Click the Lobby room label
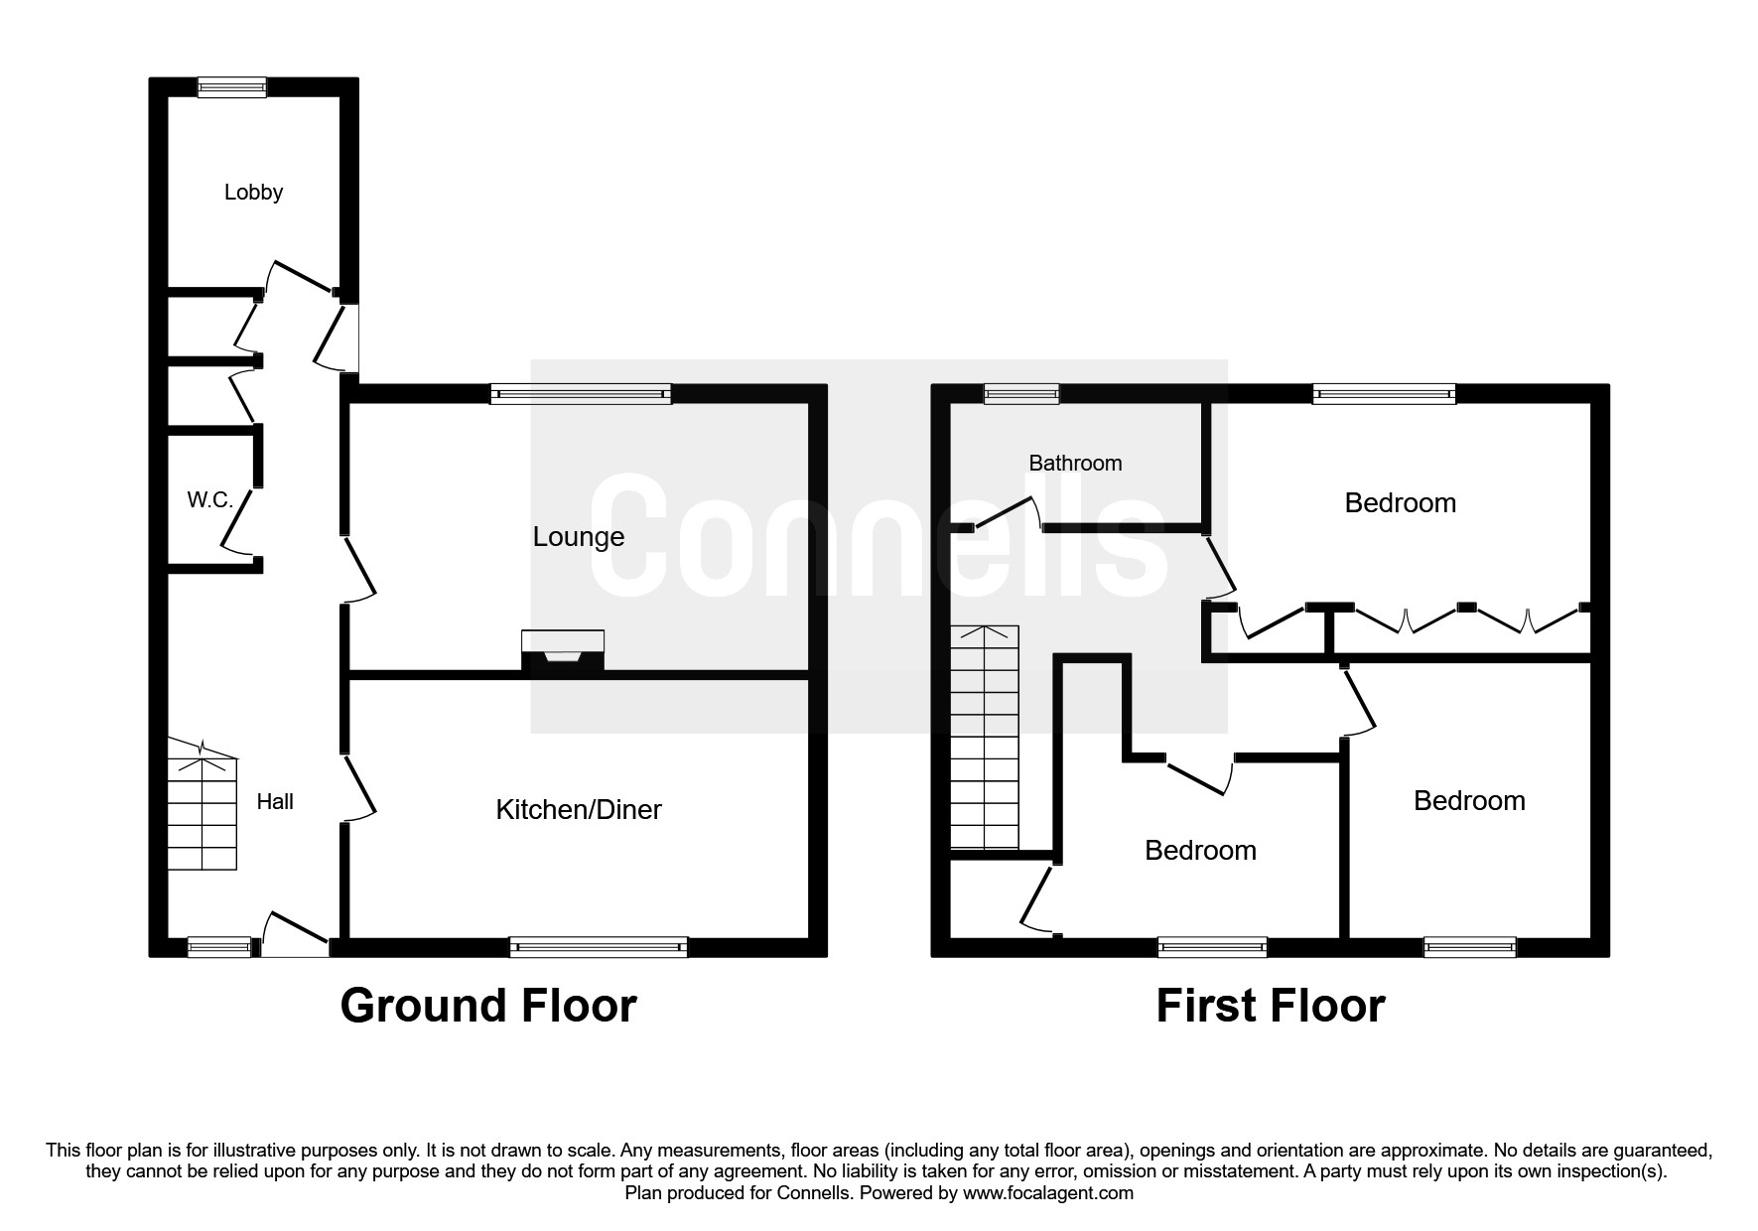[x=253, y=193]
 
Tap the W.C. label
[x=209, y=500]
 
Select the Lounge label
[x=579, y=537]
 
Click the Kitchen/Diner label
[x=579, y=810]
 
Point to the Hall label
[x=275, y=802]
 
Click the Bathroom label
[x=1075, y=463]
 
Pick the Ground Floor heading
[x=487, y=1006]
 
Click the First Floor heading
[x=1270, y=1006]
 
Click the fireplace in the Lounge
[x=563, y=652]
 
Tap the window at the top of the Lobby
[x=231, y=87]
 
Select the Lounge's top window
[x=581, y=394]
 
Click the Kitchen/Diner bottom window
[x=599, y=947]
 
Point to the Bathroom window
[x=1021, y=394]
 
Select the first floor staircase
[x=984, y=738]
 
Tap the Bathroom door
[x=1008, y=513]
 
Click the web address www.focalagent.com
[x=1047, y=1193]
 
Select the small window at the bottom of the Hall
[x=219, y=947]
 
